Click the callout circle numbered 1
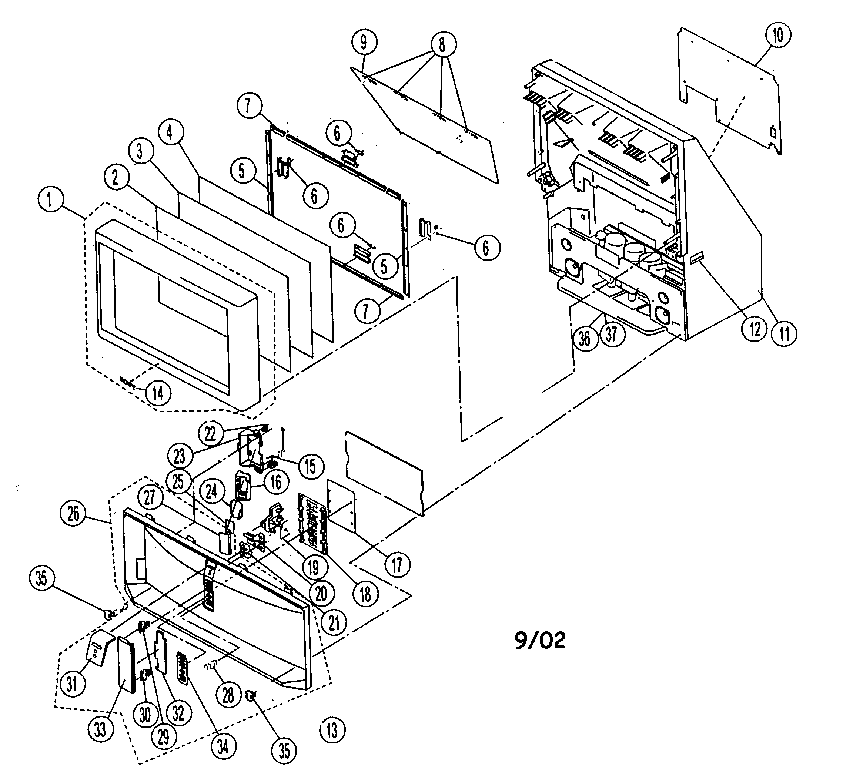[x=50, y=199]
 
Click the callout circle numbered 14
[x=158, y=393]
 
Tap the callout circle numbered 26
[x=73, y=514]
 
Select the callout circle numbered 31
[x=72, y=684]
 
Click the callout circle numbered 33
[x=100, y=729]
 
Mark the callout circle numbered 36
[x=584, y=338]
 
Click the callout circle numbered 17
[x=397, y=565]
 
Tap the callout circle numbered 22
[x=210, y=434]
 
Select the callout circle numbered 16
[x=276, y=482]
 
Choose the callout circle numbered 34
[x=223, y=746]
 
